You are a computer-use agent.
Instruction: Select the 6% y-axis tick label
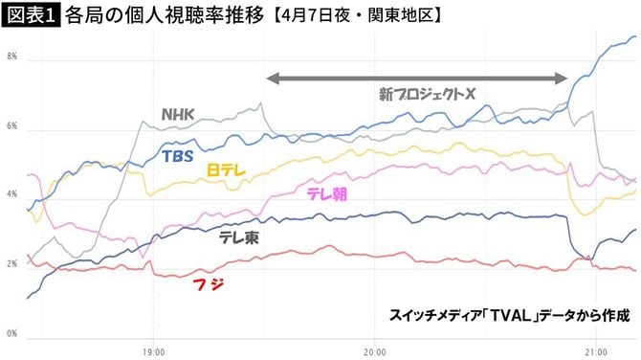(x=12, y=126)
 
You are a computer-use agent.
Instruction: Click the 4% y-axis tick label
(x=12, y=195)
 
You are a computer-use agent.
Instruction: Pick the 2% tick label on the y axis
(x=12, y=264)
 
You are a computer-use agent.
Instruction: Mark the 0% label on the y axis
(x=12, y=334)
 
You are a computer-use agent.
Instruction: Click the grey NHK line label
(x=178, y=115)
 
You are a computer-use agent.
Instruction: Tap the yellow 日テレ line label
(x=228, y=169)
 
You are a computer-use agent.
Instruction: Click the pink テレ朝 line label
(x=327, y=193)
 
